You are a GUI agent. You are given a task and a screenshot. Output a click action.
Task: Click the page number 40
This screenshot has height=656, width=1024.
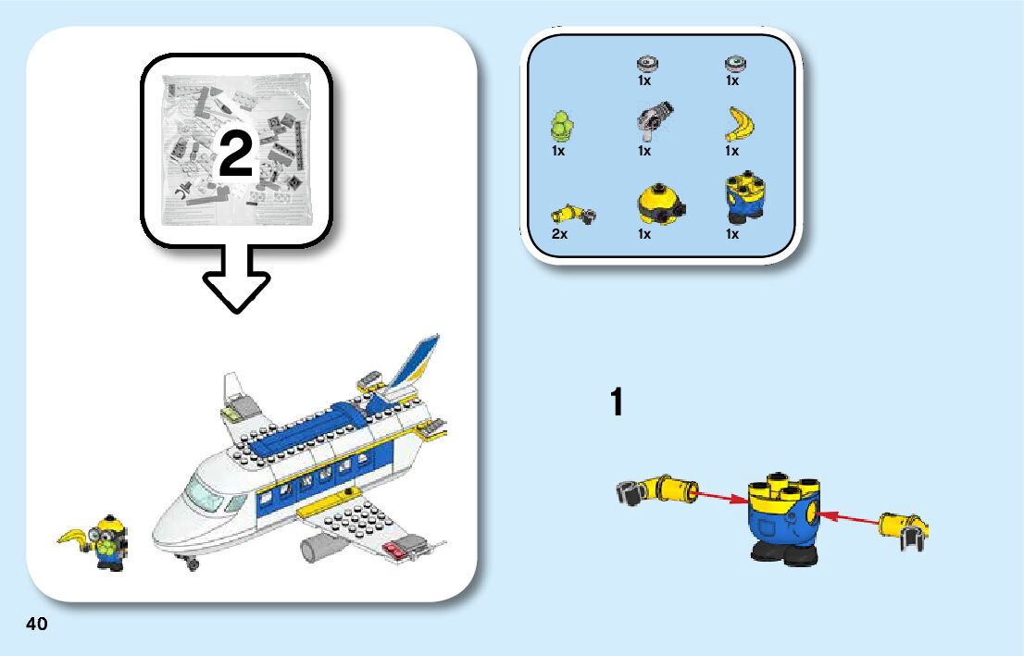(37, 624)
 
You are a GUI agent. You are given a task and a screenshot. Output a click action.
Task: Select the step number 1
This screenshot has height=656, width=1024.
(616, 403)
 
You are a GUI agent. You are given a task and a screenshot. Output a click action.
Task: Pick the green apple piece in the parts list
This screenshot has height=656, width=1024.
(560, 124)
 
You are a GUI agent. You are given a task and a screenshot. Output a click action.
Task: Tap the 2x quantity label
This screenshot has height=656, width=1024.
(559, 235)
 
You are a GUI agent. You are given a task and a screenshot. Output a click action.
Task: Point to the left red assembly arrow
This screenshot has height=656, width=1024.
(722, 497)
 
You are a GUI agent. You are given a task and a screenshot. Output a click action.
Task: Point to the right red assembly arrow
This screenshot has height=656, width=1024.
(848, 518)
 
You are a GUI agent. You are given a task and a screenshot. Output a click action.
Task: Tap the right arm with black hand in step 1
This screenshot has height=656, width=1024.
(903, 529)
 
